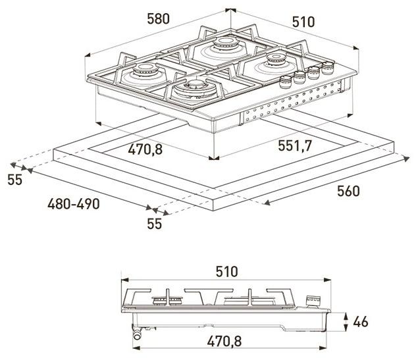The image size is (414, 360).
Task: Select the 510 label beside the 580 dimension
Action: pyautogui.click(x=302, y=22)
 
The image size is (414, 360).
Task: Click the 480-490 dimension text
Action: pyautogui.click(x=73, y=204)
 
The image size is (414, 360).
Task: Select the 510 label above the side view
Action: pyautogui.click(x=226, y=271)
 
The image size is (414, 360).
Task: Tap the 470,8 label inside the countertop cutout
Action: pyautogui.click(x=145, y=149)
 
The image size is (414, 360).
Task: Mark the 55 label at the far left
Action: pyautogui.click(x=15, y=179)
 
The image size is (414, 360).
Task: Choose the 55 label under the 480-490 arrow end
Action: pyautogui.click(x=154, y=224)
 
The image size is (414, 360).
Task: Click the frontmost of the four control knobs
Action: pyautogui.click(x=286, y=82)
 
